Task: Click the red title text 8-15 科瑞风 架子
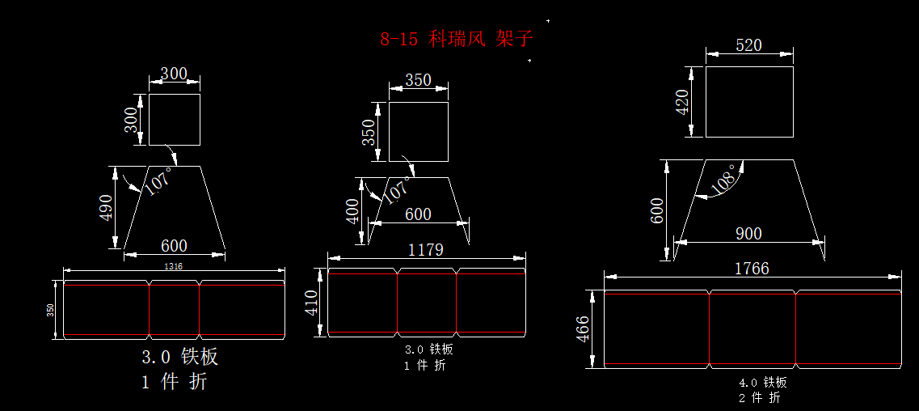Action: (x=457, y=39)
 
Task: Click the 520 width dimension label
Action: (x=748, y=45)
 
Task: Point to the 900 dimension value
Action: (x=748, y=233)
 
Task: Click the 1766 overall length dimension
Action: (x=751, y=268)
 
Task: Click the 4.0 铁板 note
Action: (x=763, y=382)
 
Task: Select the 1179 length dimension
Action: (x=425, y=249)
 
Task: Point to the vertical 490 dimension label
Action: (x=106, y=208)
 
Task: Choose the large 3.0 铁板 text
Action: (x=179, y=357)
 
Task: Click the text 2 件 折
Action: (x=759, y=397)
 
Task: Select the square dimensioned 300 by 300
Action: (x=174, y=119)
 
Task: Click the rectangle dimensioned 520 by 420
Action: (x=749, y=102)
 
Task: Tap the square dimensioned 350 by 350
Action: (x=418, y=132)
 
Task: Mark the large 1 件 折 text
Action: (x=174, y=383)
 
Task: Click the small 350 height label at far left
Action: (x=50, y=310)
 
